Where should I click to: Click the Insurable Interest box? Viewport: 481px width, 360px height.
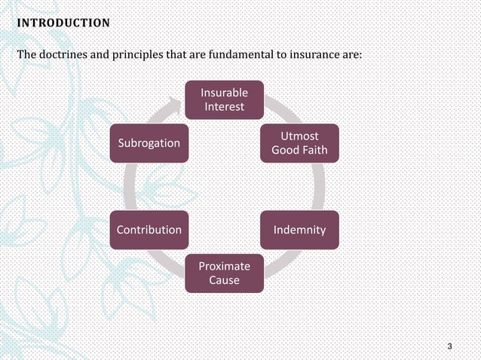224,99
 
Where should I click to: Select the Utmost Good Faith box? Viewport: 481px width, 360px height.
299,143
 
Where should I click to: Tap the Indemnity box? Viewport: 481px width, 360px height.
299,230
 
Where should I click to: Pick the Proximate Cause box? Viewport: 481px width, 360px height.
224,273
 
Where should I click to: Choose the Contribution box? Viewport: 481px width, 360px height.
148,230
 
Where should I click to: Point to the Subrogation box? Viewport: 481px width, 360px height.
148,143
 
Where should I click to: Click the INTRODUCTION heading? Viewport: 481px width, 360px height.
63,23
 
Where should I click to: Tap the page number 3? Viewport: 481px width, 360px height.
449,346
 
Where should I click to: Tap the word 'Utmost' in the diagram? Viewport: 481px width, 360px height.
299,136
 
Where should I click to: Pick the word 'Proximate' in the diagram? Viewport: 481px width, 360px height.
224,266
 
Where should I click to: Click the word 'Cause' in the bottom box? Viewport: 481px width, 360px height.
224,280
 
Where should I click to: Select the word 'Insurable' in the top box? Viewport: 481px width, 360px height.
224,93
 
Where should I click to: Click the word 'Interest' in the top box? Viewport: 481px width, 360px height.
224,107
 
